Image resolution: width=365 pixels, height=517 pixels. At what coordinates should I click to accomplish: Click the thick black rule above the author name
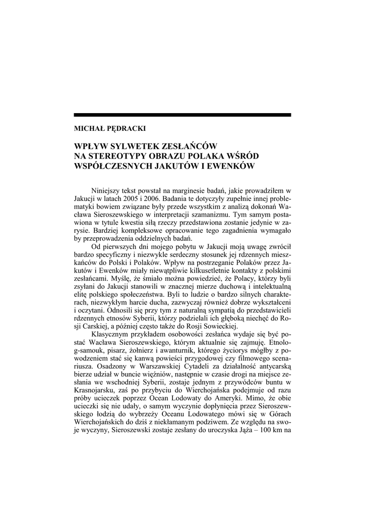182,115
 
